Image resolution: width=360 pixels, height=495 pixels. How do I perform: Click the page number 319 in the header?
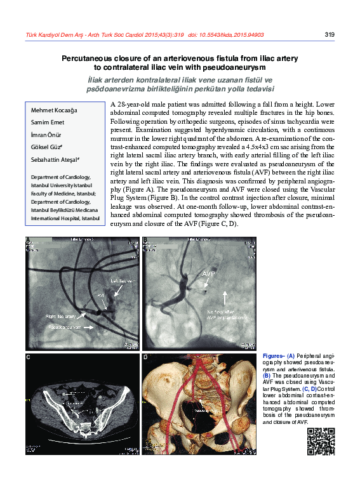coord(329,35)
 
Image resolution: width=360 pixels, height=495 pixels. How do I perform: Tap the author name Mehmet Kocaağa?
coord(54,110)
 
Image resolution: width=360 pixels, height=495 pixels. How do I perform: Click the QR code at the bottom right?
coord(321,442)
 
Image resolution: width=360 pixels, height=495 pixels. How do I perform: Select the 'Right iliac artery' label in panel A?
coord(61,316)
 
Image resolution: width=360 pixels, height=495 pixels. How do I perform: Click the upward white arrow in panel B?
coord(224,298)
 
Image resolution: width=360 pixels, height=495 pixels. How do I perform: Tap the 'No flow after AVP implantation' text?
coord(224,316)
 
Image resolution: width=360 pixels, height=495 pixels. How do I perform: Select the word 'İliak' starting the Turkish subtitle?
coord(98,80)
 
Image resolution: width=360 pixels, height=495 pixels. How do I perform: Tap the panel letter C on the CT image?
coord(29,358)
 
